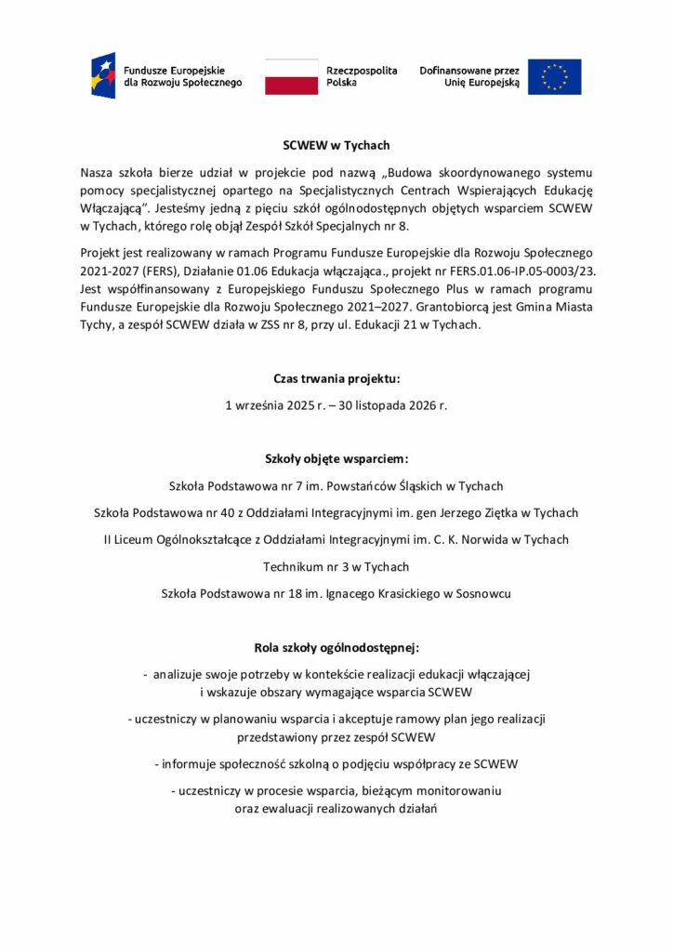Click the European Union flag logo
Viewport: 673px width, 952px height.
(x=554, y=76)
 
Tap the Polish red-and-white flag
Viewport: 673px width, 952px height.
(x=291, y=76)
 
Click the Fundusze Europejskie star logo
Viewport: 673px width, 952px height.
(x=102, y=76)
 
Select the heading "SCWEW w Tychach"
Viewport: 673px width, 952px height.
(x=336, y=145)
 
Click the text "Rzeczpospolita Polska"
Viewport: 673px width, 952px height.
(x=362, y=76)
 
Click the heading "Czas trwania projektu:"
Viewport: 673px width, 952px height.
(x=336, y=379)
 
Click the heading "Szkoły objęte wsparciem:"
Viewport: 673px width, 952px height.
(x=336, y=458)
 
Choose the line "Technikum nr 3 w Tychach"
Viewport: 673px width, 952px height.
(x=336, y=566)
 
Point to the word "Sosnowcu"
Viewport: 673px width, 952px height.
(x=483, y=593)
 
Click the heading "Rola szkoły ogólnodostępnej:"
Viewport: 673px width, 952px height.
(x=336, y=646)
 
